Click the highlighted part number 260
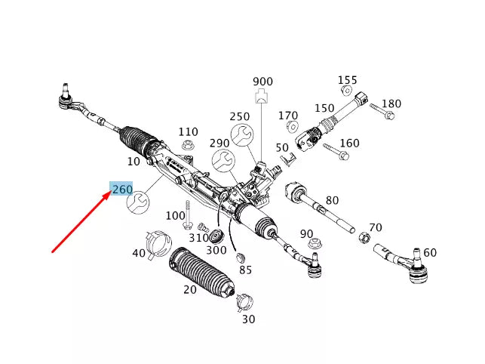[x=122, y=189]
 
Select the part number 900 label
[x=262, y=82]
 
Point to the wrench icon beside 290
[x=222, y=160]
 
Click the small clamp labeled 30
[x=244, y=302]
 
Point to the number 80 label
[x=332, y=201]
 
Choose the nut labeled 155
[x=345, y=92]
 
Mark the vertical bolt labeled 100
[x=186, y=217]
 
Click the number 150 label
[x=324, y=109]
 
